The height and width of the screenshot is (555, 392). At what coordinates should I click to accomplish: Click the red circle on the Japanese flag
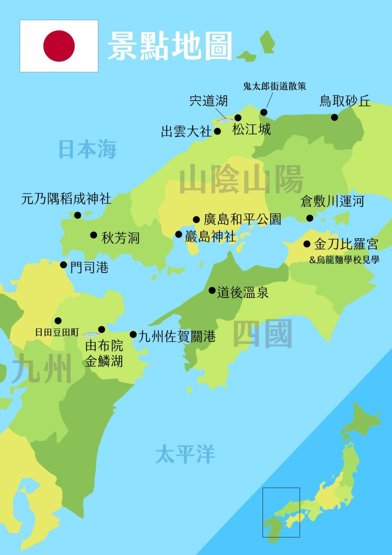pyautogui.click(x=59, y=46)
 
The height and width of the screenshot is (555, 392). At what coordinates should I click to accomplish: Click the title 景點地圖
pyautogui.click(x=170, y=46)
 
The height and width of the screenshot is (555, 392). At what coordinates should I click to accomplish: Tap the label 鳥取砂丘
pyautogui.click(x=345, y=101)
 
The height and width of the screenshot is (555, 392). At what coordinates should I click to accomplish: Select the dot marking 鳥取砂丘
pyautogui.click(x=335, y=118)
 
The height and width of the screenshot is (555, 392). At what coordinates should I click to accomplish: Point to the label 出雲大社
pyautogui.click(x=186, y=132)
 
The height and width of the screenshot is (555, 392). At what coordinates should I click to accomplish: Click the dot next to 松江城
pyautogui.click(x=238, y=118)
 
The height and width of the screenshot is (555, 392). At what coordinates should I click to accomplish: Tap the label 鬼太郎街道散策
pyautogui.click(x=274, y=86)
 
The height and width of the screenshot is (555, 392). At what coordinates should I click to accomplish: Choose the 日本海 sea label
pyautogui.click(x=87, y=149)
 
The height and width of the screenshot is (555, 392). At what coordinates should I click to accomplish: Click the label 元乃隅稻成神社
pyautogui.click(x=66, y=199)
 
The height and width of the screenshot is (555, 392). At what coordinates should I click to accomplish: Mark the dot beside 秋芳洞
pyautogui.click(x=94, y=235)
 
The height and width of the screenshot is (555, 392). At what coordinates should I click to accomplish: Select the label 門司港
pyautogui.click(x=89, y=268)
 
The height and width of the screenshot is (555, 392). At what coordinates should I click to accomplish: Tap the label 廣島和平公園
pyautogui.click(x=242, y=219)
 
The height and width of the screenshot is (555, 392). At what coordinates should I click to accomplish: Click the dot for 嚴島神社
pyautogui.click(x=179, y=235)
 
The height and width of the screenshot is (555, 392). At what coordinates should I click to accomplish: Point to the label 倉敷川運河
pyautogui.click(x=332, y=201)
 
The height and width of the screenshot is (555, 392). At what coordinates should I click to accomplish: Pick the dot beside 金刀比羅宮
pyautogui.click(x=307, y=244)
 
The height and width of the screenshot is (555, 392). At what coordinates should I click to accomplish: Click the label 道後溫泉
pyautogui.click(x=243, y=292)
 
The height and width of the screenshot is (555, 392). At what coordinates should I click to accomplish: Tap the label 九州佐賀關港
pyautogui.click(x=177, y=336)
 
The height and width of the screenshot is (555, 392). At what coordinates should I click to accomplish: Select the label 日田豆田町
pyautogui.click(x=57, y=332)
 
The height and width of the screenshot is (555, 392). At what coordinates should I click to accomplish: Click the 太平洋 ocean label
pyautogui.click(x=185, y=454)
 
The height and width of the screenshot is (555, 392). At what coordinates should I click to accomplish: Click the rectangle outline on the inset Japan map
pyautogui.click(x=281, y=488)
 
